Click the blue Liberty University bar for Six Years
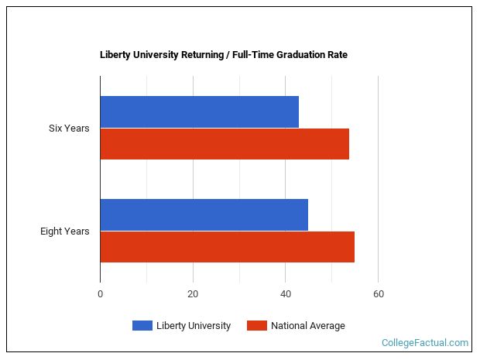[x=199, y=112]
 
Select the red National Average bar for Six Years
[x=225, y=144]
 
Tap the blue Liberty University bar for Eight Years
[x=204, y=214]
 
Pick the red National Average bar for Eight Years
[x=227, y=247]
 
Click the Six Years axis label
[x=69, y=129]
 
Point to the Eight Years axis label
[x=65, y=231]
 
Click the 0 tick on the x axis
[x=100, y=294]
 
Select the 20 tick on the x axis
[x=193, y=294]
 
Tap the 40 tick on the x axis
[x=286, y=294]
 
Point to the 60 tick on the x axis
[x=379, y=294]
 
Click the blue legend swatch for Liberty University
[x=142, y=326]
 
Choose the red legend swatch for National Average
[x=256, y=326]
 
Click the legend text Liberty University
[x=194, y=326]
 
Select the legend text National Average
[x=308, y=326]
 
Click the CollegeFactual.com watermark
[x=425, y=342]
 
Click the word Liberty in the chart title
[x=115, y=55]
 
